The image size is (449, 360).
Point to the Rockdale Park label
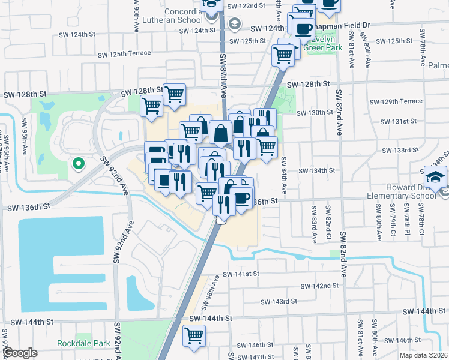pos(83,343)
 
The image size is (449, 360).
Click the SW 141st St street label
pos(241,274)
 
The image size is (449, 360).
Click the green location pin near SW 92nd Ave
pos(77,163)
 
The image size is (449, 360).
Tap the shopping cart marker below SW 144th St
pos(194,336)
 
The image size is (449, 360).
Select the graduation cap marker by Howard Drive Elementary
pos(435,176)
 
